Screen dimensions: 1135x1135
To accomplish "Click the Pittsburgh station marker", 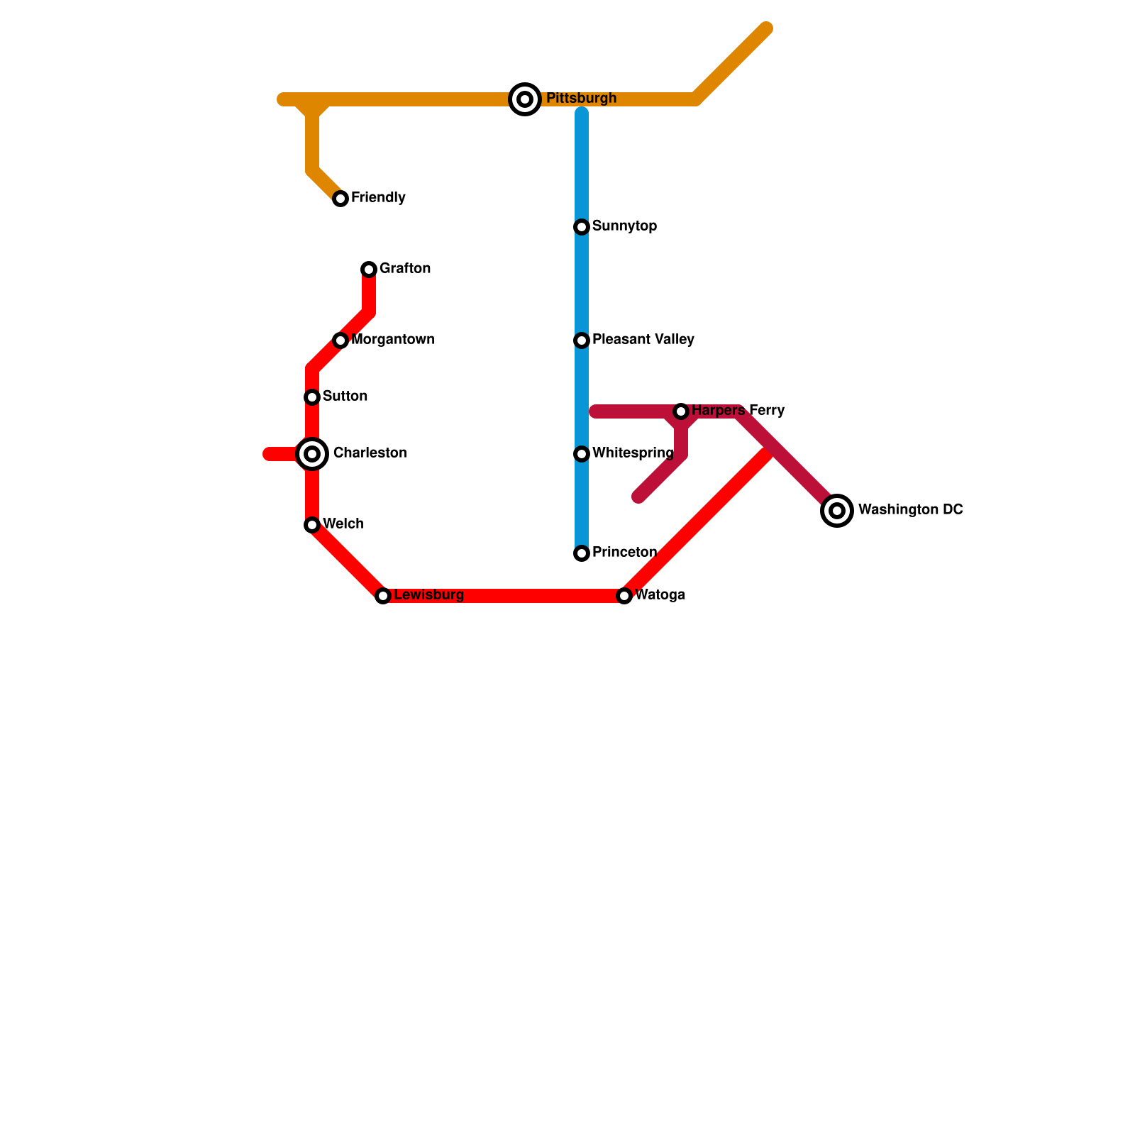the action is (x=525, y=99).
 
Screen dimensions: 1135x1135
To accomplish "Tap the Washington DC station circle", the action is (x=837, y=511).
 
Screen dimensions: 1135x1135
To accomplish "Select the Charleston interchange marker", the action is (x=312, y=454).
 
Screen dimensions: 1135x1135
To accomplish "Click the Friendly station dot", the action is (x=340, y=199).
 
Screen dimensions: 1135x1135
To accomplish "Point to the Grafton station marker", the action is (x=369, y=270).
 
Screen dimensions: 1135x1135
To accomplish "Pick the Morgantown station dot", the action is (x=340, y=340).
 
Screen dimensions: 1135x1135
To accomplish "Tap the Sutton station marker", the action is (x=312, y=397).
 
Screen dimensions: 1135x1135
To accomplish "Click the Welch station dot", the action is (x=312, y=525).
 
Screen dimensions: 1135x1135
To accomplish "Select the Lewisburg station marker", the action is (x=383, y=596).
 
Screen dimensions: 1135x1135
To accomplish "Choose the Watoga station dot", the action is (x=624, y=596).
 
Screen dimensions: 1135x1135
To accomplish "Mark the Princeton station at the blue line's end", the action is (x=582, y=553).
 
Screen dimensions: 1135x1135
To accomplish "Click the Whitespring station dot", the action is (x=582, y=454).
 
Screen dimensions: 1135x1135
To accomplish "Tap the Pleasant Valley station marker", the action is (x=582, y=340).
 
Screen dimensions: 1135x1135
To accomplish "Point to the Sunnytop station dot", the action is (x=582, y=227).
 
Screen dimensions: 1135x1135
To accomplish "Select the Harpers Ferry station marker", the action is (x=681, y=411).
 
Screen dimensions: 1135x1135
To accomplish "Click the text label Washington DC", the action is (x=910, y=509).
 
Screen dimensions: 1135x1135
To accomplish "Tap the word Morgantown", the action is (x=393, y=339).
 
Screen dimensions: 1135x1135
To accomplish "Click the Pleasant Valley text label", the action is (x=643, y=339).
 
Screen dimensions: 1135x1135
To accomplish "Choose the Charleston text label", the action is (x=370, y=453).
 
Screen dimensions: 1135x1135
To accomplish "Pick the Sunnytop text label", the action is (x=624, y=226).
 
